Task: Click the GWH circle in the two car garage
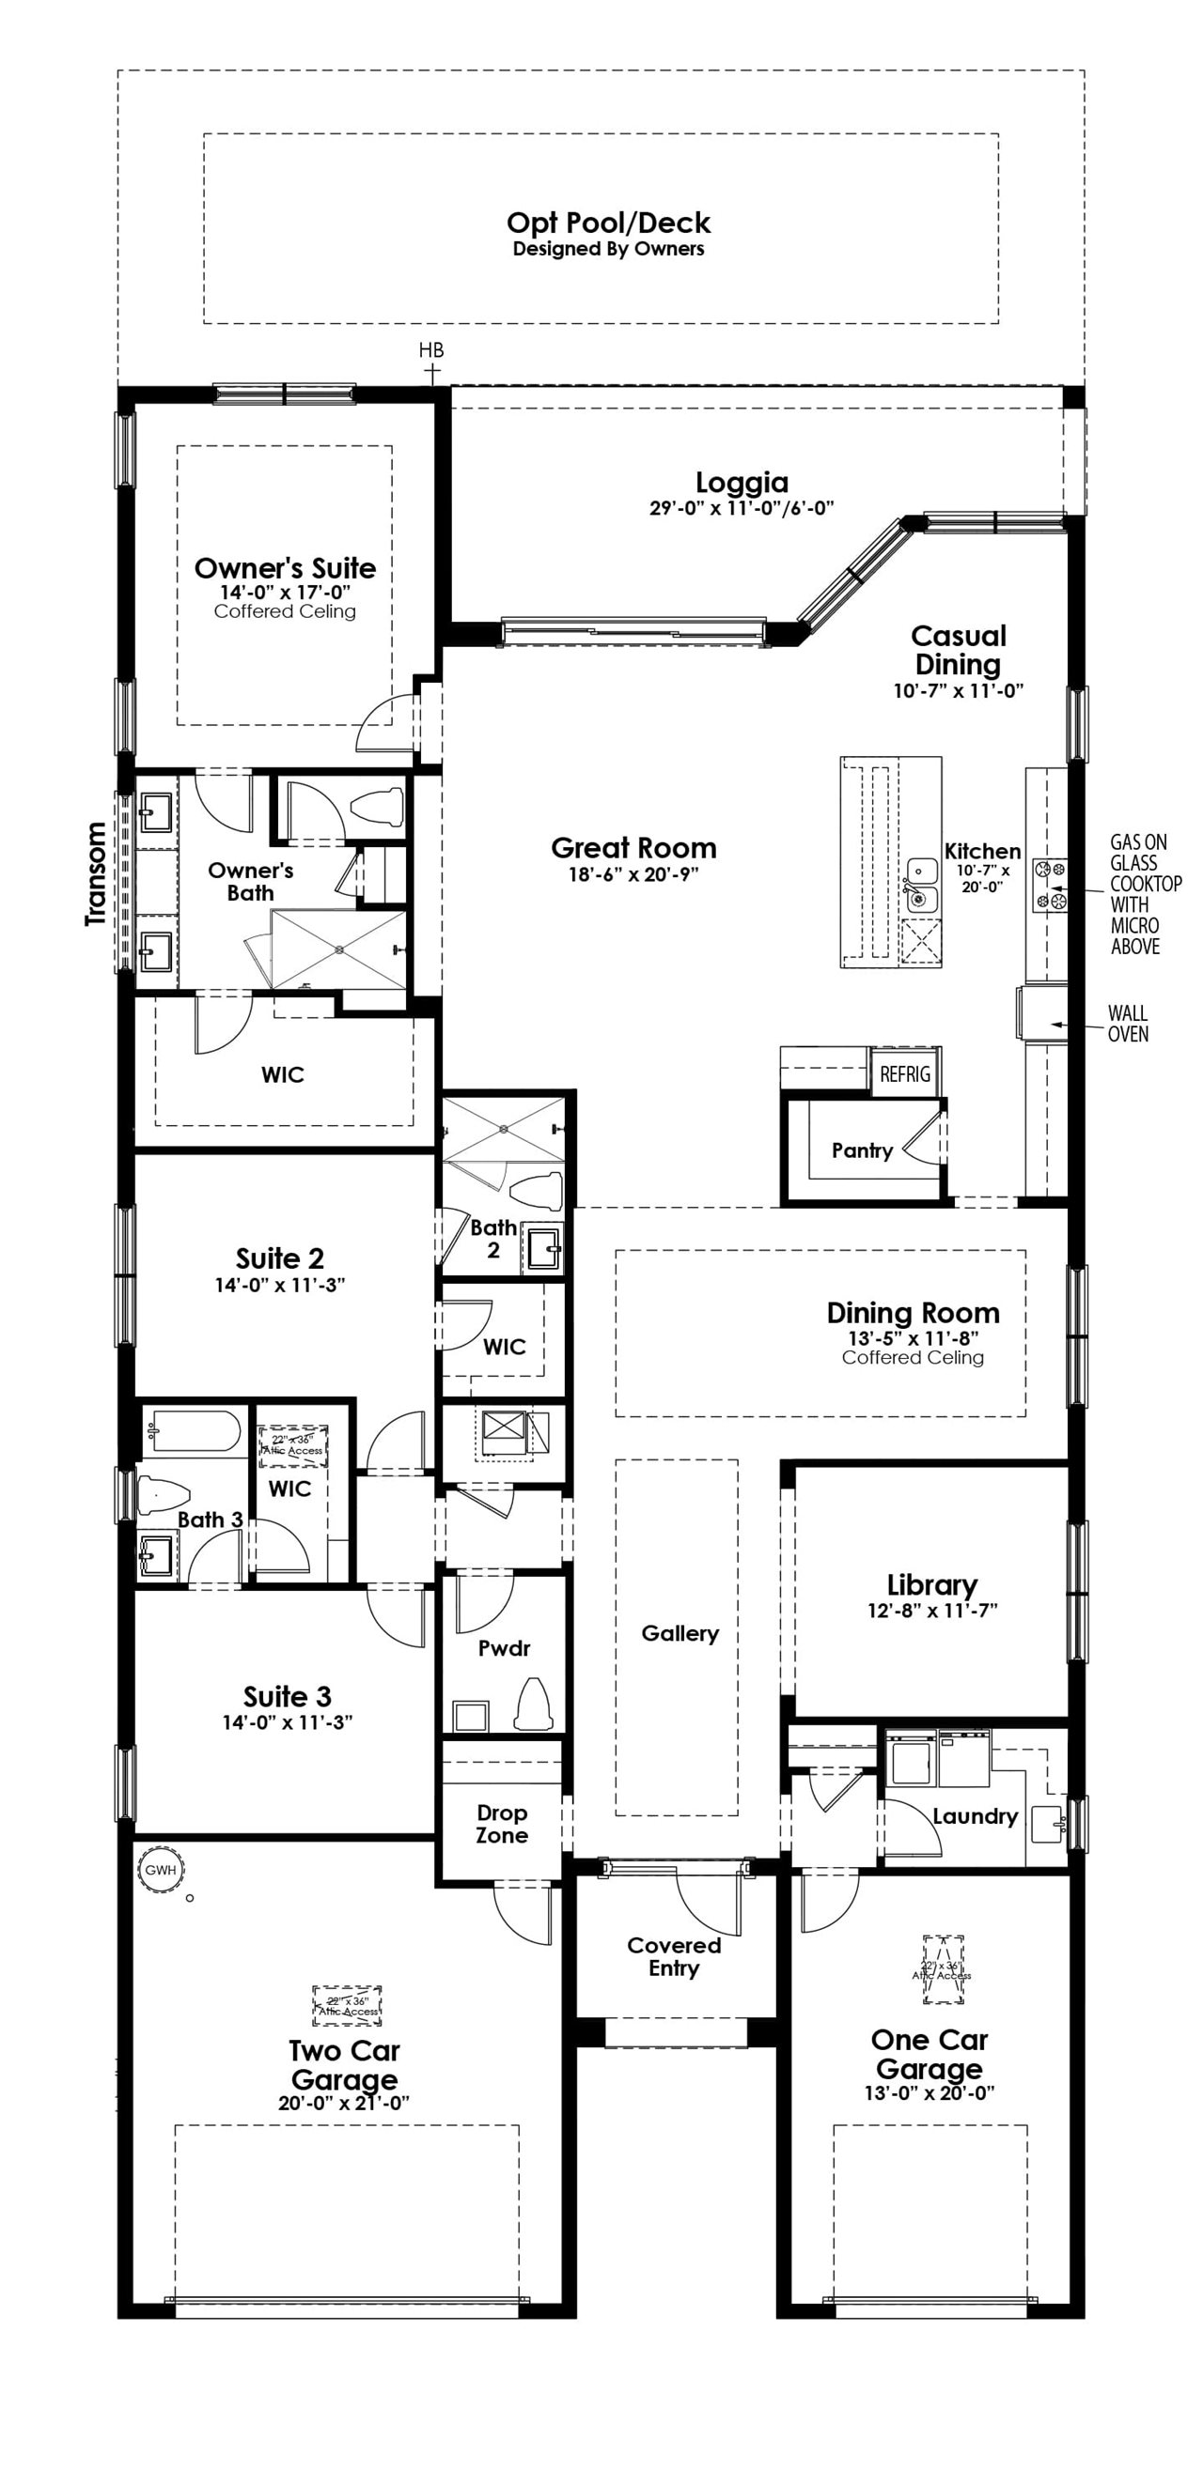[160, 1870]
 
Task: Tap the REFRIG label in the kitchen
[904, 1074]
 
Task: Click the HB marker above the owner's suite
[431, 351]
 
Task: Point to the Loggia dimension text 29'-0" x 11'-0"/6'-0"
[741, 508]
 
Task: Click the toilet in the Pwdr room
[532, 1705]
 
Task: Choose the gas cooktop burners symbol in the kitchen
[1050, 885]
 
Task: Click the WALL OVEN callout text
[1127, 1023]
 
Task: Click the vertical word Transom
[96, 873]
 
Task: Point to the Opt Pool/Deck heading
[608, 223]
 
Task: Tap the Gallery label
[680, 1633]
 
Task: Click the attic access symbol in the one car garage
[943, 1969]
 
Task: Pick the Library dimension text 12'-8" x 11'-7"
[932, 1610]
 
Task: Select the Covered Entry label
[673, 1956]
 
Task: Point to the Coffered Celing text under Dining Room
[913, 1358]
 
